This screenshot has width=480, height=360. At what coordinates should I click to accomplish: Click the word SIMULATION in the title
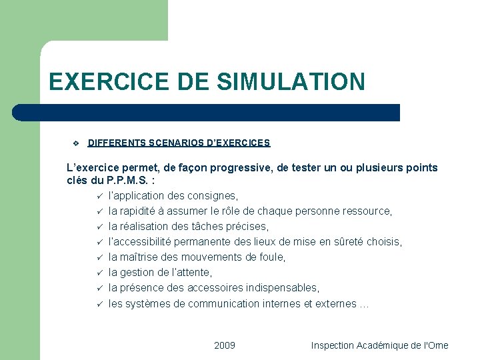tap(291, 81)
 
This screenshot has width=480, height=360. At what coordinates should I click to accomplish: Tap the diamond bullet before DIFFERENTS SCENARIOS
tap(75, 143)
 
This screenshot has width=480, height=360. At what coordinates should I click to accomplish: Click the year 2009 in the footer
tap(225, 345)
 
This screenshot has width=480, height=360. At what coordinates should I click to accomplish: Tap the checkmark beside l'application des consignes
tap(98, 196)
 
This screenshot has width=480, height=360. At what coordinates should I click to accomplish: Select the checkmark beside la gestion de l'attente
tap(98, 273)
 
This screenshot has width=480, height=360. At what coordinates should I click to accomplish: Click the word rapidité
tap(137, 211)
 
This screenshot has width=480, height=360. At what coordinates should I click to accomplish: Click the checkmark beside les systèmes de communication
tap(98, 303)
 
